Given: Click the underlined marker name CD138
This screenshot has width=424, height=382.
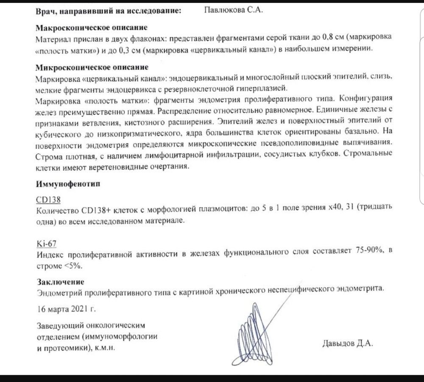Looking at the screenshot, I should pos(48,199).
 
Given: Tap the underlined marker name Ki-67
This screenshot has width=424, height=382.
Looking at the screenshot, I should pos(46,243).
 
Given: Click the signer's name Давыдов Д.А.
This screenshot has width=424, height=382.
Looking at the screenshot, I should pos(348,343).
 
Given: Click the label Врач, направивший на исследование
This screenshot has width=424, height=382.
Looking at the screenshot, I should pos(109,11).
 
